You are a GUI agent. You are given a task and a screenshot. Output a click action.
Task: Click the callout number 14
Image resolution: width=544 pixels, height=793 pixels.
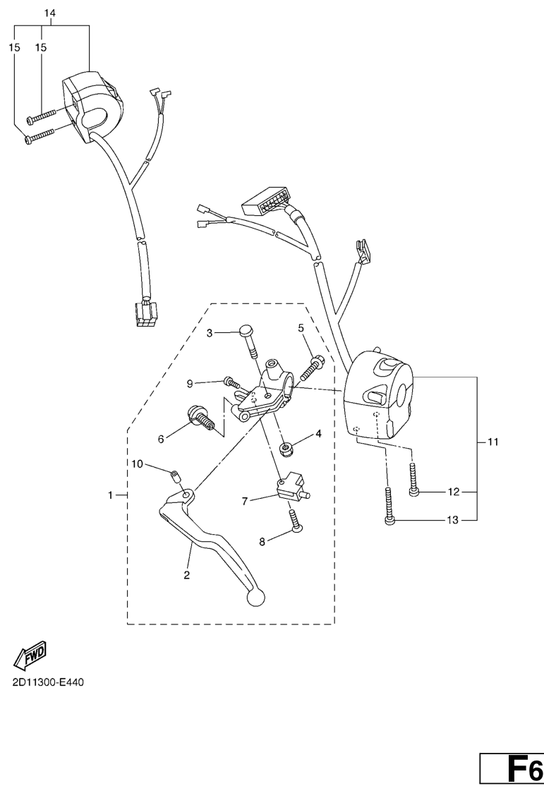(x=49, y=13)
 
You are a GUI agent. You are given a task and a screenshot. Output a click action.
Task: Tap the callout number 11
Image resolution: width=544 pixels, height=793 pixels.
(x=493, y=442)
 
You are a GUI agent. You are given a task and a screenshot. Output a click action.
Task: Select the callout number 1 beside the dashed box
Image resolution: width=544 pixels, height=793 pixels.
(x=111, y=496)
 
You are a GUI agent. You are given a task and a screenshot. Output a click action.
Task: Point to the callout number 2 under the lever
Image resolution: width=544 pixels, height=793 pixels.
(x=187, y=575)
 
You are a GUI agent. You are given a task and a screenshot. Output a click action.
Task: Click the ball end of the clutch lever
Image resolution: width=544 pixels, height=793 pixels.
(x=253, y=598)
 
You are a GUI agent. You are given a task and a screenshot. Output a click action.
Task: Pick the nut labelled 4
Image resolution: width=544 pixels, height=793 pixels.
(x=287, y=447)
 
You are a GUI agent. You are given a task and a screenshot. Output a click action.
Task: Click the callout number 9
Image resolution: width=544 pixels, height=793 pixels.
(x=190, y=383)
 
